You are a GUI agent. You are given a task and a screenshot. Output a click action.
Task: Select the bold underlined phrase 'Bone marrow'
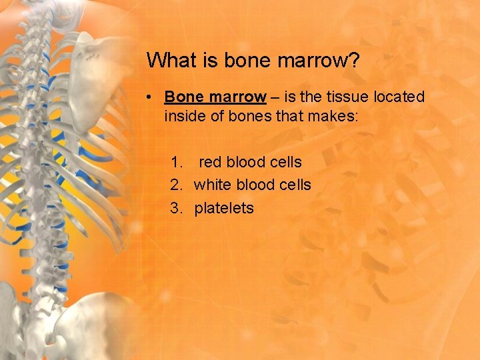click(215, 97)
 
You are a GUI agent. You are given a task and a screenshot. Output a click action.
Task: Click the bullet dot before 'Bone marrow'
click(151, 97)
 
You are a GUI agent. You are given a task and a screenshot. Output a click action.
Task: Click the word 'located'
click(399, 97)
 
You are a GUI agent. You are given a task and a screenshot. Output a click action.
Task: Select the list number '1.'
click(177, 162)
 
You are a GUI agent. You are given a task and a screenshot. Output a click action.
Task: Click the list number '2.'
click(177, 185)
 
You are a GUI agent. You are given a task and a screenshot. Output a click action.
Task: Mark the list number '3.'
click(177, 208)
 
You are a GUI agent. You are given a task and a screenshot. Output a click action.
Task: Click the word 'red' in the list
click(211, 162)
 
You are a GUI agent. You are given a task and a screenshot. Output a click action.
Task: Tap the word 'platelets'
click(224, 208)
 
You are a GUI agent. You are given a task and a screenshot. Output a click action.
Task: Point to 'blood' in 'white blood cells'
click(256, 185)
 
